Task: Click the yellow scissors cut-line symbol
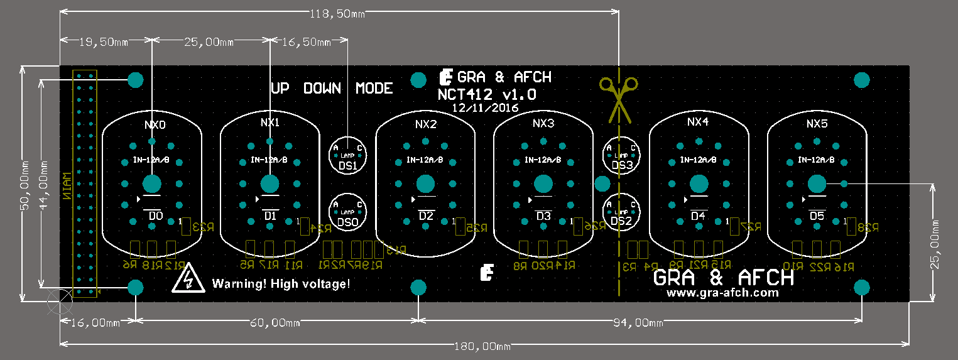(619, 97)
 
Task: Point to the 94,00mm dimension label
(638, 323)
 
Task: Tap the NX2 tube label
(425, 124)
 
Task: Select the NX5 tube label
(817, 124)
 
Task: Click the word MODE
(374, 89)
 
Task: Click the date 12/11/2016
(485, 108)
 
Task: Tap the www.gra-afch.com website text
(722, 293)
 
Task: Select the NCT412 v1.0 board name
(487, 94)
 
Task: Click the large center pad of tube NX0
(151, 184)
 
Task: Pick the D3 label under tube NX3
(543, 216)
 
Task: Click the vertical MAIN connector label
(65, 185)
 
